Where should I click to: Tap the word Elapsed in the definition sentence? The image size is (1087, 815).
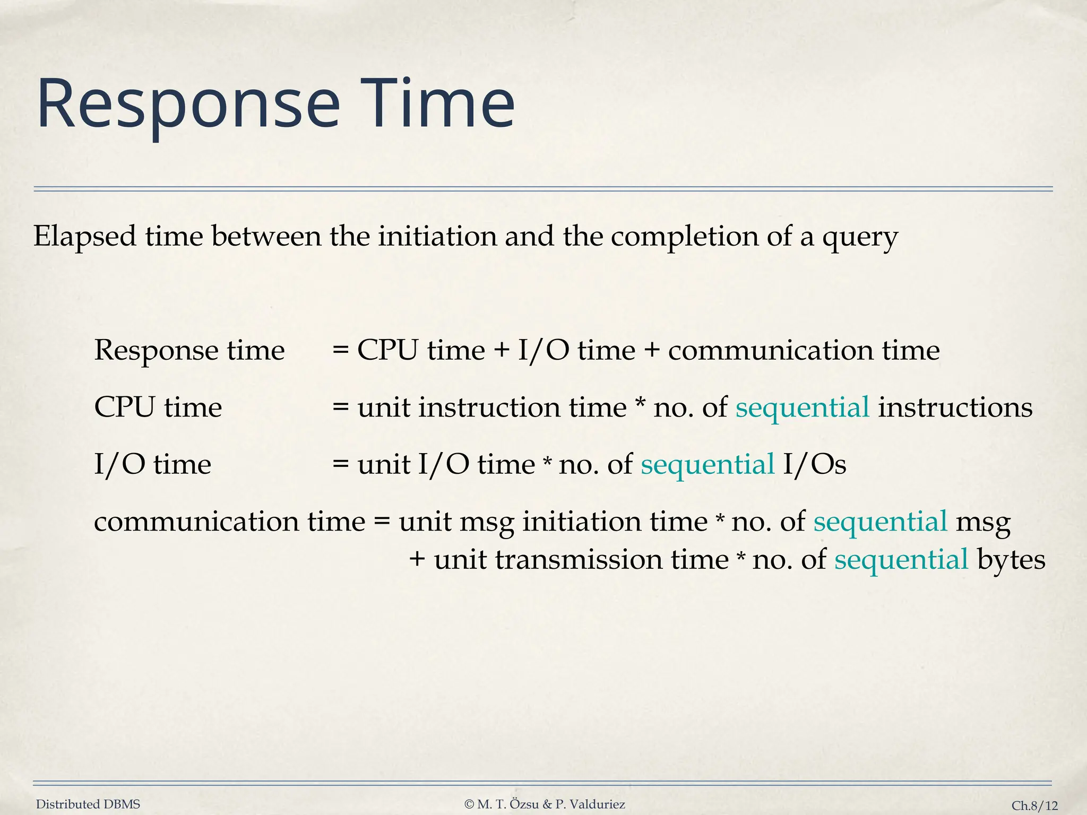[x=85, y=236]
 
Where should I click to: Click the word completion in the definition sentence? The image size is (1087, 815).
[x=684, y=237]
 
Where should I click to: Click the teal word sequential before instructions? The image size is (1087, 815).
[x=802, y=408]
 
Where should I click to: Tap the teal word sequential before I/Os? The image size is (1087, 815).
[x=708, y=465]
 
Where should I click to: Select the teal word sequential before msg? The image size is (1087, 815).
[x=880, y=522]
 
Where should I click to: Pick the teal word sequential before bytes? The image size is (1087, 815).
[x=901, y=560]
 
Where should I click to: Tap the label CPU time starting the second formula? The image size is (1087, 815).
[x=158, y=408]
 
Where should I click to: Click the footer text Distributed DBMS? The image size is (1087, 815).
[x=88, y=804]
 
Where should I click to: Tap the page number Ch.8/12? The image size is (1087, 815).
[x=1034, y=805]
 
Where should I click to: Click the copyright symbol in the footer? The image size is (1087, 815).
[x=469, y=804]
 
